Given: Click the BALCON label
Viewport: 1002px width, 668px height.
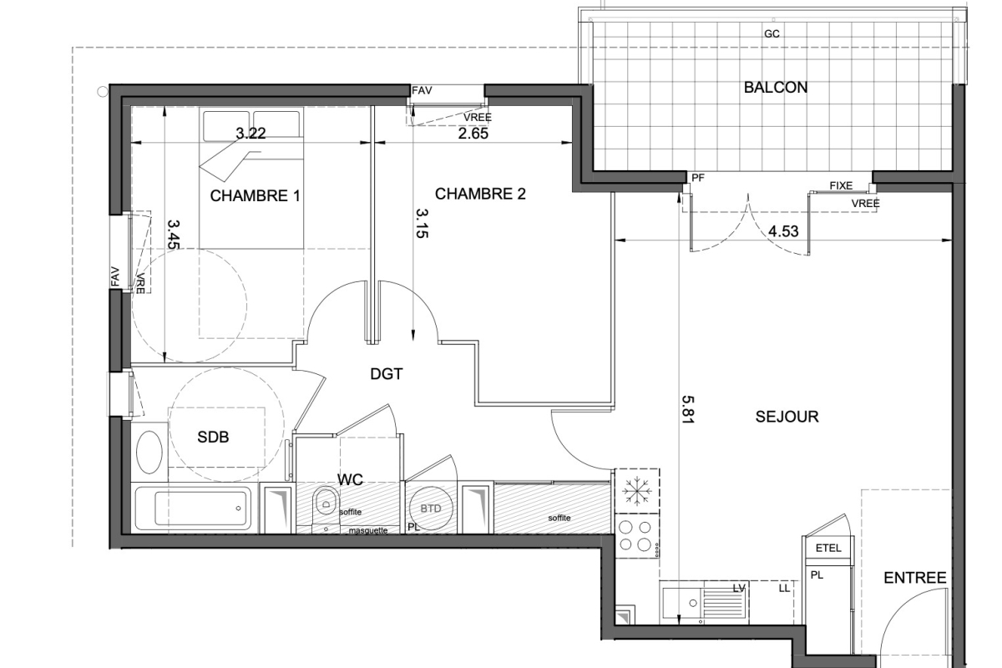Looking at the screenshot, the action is tap(776, 87).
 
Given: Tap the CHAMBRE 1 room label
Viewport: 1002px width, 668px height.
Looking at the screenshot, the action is tap(255, 196).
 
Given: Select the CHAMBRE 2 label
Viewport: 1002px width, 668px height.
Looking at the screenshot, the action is tap(480, 194).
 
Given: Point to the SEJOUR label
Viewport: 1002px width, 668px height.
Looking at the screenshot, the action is tap(787, 417).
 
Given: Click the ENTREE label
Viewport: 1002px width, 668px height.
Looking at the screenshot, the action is tap(915, 578).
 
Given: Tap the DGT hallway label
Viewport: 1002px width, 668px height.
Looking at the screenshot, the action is tap(387, 374).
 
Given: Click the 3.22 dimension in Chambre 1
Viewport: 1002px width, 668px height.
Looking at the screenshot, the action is tap(250, 133).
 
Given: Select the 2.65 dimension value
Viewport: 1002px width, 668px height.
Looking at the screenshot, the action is tap(473, 134).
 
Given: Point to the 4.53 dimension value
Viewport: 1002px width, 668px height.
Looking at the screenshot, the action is tap(783, 231).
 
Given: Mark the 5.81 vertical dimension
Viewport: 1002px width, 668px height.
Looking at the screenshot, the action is tap(687, 409).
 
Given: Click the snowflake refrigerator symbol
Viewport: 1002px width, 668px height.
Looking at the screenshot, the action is tap(637, 490).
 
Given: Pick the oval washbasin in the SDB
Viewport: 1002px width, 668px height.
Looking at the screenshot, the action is tap(149, 453).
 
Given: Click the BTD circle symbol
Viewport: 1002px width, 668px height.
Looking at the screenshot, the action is tap(431, 509).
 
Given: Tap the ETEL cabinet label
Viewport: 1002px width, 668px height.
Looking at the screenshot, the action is tap(828, 548).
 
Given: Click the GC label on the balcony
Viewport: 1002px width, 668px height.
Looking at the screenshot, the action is tap(772, 34).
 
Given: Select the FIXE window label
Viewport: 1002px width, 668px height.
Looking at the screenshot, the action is tap(841, 185).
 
